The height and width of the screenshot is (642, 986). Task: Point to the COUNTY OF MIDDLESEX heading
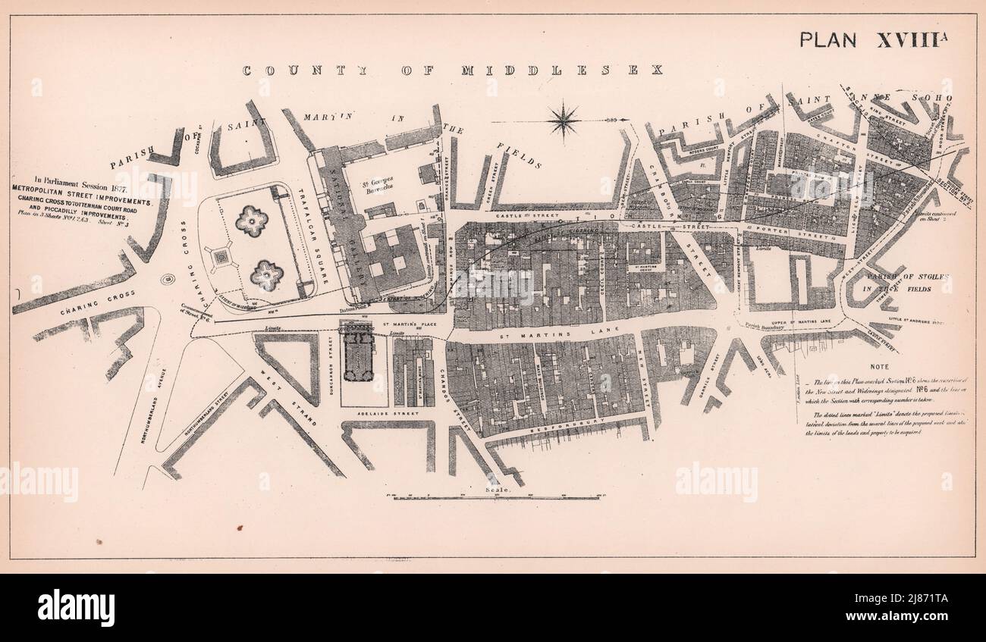tap(452, 70)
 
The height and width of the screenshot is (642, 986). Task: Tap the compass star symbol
tap(564, 120)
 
